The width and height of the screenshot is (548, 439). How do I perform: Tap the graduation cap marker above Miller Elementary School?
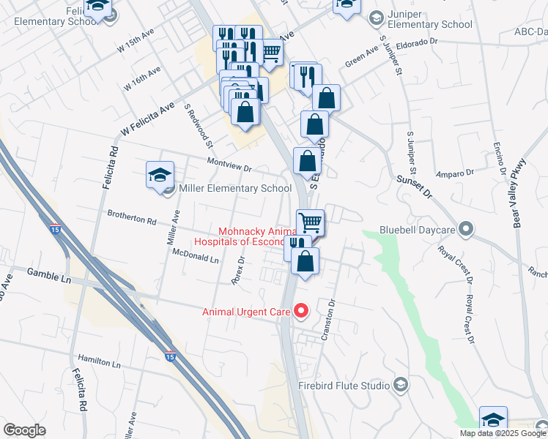pos(160,176)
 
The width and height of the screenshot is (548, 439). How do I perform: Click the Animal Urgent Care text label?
pos(247,312)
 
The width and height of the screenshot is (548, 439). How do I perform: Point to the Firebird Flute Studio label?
pos(344,385)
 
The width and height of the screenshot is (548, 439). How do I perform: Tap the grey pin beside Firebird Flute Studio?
pos(400,384)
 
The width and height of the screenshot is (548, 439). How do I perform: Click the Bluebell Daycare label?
pos(417,230)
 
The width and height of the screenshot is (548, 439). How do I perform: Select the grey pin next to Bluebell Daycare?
pos(464,229)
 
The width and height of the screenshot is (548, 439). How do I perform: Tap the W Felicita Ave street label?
pos(147,120)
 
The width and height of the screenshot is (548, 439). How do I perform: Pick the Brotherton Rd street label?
pos(132,218)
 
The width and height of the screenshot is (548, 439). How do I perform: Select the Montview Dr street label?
pos(229,165)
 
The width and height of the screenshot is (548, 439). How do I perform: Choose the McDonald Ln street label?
pos(196,256)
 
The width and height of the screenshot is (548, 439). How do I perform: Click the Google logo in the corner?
pos(24,430)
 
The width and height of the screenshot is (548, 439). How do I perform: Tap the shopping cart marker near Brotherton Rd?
pos(311,222)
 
